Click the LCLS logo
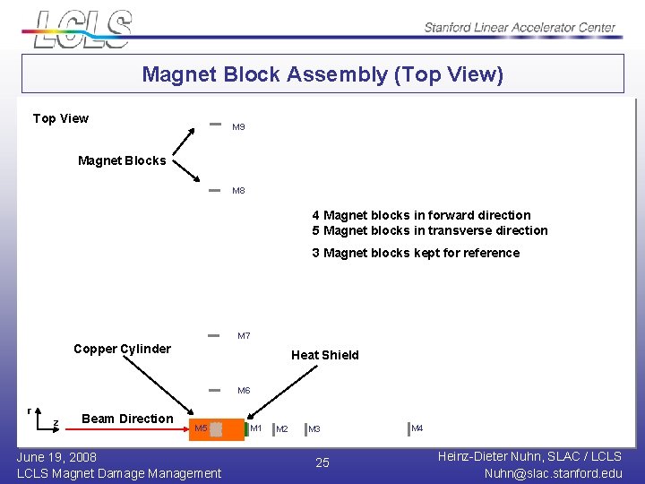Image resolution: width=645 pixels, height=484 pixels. coord(83,29)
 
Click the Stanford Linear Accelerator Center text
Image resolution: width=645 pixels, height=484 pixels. coord(520,27)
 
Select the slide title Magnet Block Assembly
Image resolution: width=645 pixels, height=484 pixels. coord(322,74)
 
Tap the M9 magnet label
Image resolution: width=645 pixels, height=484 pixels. coord(238,127)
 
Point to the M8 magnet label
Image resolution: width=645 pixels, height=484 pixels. coord(238,191)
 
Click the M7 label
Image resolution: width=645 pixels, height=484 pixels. coord(244,336)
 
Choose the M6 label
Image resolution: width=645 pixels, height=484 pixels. coord(244,391)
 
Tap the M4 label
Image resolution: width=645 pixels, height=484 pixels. coord(417,428)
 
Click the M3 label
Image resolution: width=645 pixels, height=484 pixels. coord(314,429)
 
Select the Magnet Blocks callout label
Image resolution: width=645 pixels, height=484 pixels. coord(122,161)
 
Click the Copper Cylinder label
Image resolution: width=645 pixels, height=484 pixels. coord(122,349)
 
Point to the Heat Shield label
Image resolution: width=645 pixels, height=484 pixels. coord(324,355)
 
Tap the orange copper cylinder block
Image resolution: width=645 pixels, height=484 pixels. coord(228,429)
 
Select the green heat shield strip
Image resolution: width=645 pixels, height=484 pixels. coord(245,429)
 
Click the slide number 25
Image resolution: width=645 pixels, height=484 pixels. coord(322,462)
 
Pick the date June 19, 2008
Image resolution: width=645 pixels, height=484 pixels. coord(57,457)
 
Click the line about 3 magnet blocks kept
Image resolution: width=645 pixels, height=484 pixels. coord(416,253)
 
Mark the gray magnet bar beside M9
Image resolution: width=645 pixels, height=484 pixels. coord(214,125)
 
